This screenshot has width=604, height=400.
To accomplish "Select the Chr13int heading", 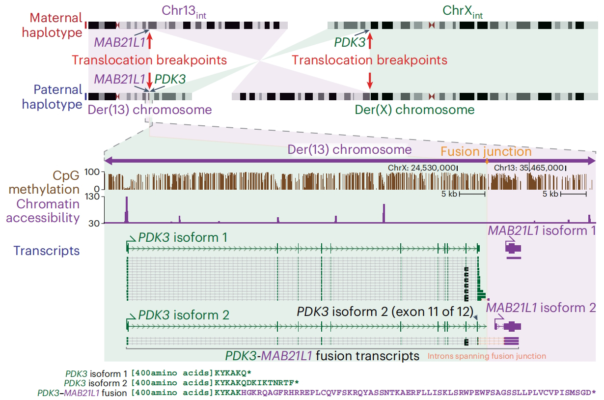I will click(183, 11).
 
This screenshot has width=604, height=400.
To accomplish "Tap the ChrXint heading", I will click(463, 11).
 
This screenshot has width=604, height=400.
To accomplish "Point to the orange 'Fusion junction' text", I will click(486, 151).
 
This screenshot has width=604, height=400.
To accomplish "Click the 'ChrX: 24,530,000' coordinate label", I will click(422, 168).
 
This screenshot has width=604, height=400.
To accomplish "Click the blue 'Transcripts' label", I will click(47, 251).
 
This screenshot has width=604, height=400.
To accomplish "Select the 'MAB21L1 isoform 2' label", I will click(541, 308).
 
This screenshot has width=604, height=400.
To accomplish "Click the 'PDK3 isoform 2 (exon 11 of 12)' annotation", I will click(384, 312).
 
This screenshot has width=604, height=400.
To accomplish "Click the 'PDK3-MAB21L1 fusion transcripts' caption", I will click(322, 355).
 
